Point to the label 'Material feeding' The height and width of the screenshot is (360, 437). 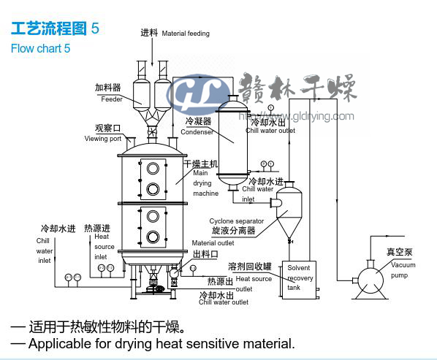pyautogui.click(x=186, y=34)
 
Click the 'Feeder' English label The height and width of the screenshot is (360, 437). pyautogui.click(x=112, y=99)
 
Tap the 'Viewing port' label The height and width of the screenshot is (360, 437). pyautogui.click(x=103, y=139)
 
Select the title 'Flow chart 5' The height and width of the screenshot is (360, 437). pyautogui.click(x=41, y=49)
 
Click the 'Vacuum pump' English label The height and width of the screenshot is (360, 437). pyautogui.click(x=403, y=270)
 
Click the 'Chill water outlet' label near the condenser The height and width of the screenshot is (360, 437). pyautogui.click(x=270, y=131)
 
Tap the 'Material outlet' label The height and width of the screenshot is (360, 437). pyautogui.click(x=213, y=243)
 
